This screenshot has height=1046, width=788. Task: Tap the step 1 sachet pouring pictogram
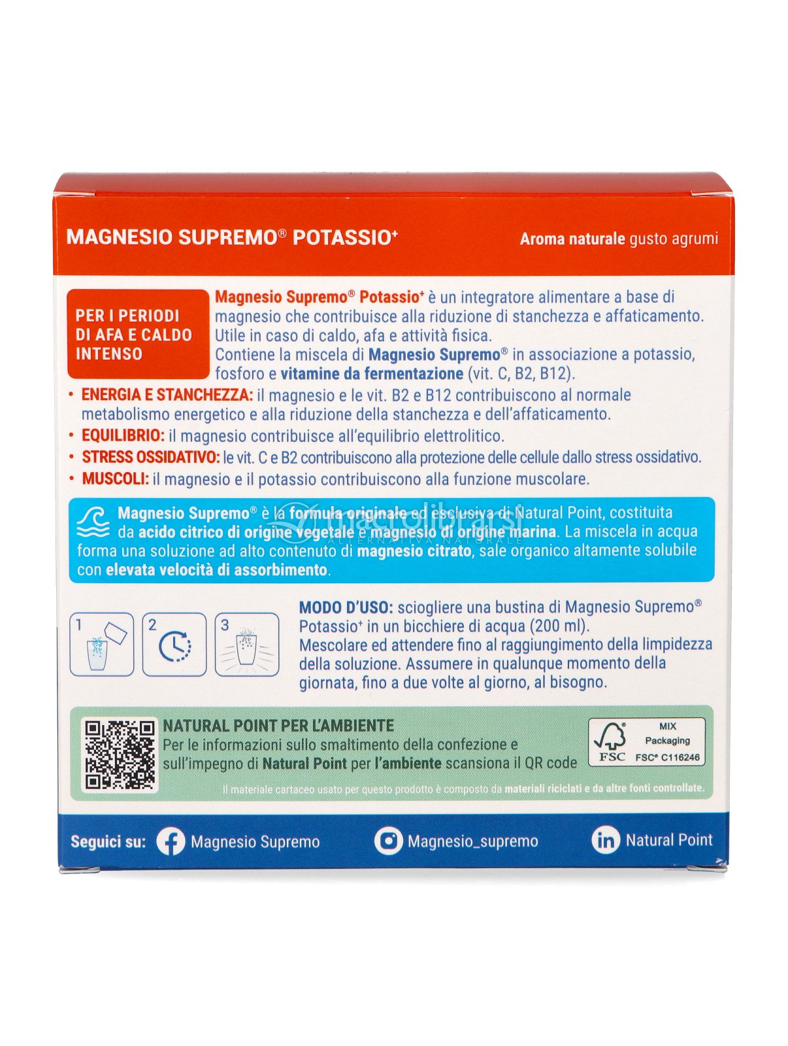coord(102,645)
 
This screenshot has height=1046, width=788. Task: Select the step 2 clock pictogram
coord(174,645)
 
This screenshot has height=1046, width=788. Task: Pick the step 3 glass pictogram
coord(247,645)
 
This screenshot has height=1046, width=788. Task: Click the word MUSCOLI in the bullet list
coord(116,479)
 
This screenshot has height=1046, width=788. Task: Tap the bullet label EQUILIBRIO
coord(123,435)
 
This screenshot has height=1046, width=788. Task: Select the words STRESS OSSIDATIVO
coord(150,458)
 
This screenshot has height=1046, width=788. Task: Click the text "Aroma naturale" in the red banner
coord(572,239)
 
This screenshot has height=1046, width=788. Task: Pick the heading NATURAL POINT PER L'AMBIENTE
coord(278,726)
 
